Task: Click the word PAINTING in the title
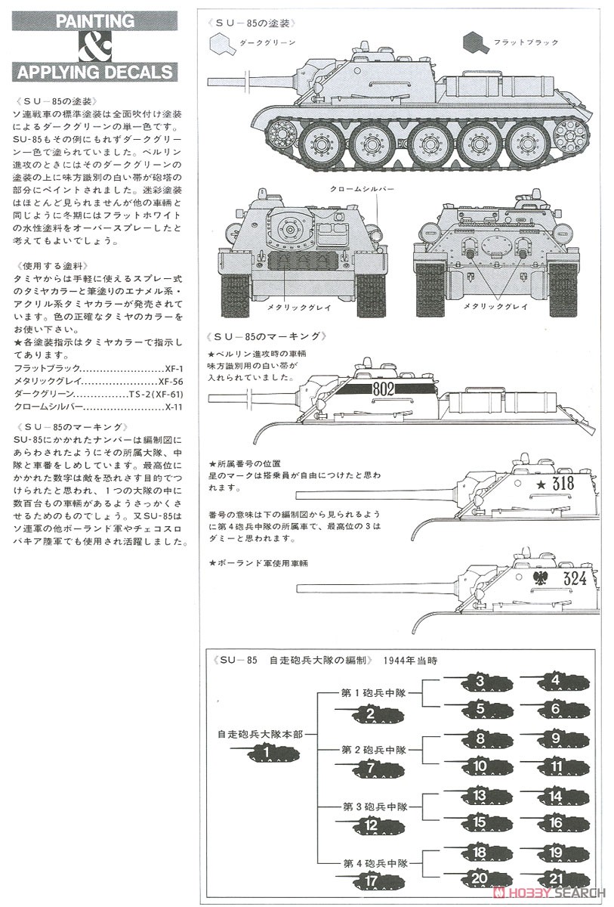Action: (x=94, y=20)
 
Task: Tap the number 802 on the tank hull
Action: (x=384, y=390)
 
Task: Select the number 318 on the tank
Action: (x=563, y=484)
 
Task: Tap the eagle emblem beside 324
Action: (x=541, y=580)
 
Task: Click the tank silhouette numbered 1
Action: (x=266, y=752)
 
